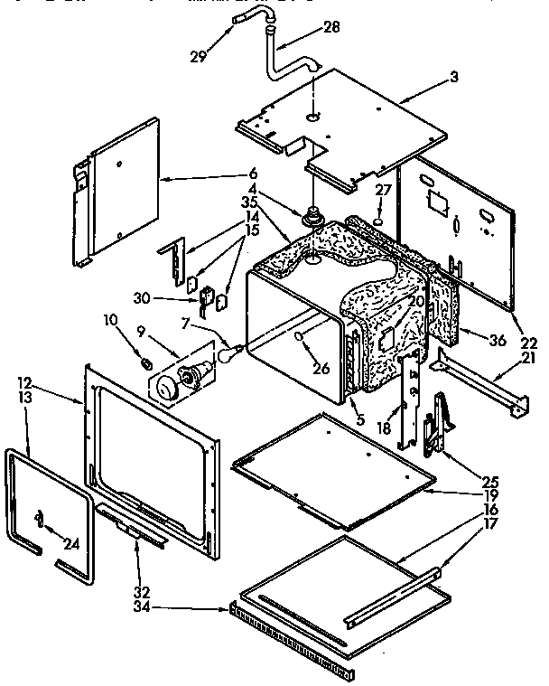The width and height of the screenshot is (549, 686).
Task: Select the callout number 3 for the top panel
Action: pos(454,79)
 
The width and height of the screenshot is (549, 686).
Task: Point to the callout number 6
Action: pos(253,173)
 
